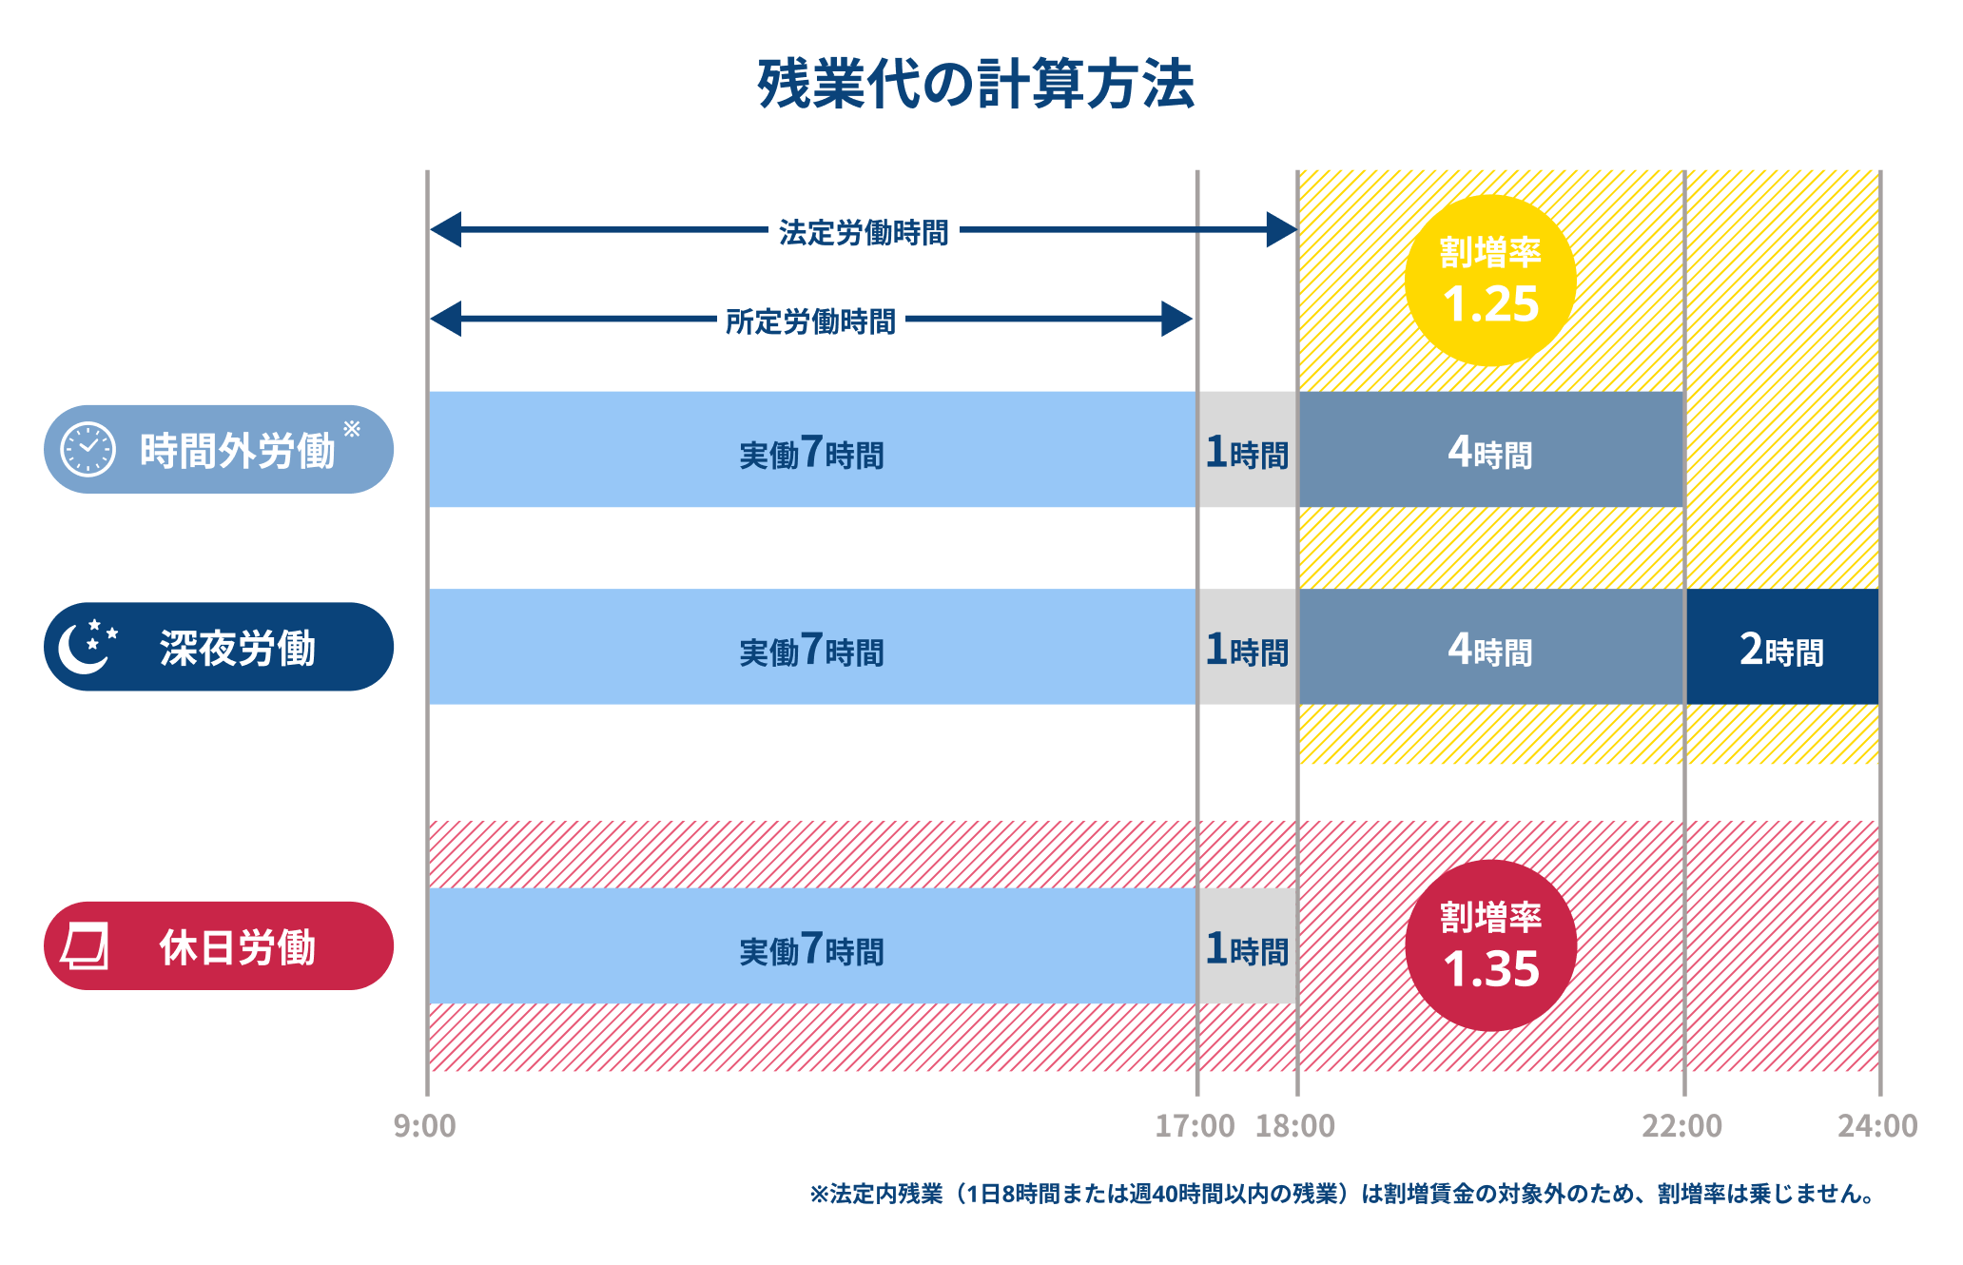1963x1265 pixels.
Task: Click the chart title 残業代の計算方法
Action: (x=976, y=84)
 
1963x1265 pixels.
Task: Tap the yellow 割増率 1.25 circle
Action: (x=1490, y=281)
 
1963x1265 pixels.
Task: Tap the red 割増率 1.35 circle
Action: (x=1490, y=945)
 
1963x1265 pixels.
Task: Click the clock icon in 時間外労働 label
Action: (x=87, y=450)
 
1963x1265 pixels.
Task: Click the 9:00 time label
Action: (x=425, y=1126)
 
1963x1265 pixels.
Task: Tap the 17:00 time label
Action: (x=1195, y=1126)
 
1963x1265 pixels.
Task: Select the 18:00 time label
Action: (x=1295, y=1126)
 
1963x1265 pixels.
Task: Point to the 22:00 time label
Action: (x=1681, y=1126)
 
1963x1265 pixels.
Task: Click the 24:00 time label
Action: (x=1877, y=1126)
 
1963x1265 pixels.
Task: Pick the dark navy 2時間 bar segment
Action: (x=1782, y=648)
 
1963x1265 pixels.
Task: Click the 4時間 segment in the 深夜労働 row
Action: (x=1490, y=648)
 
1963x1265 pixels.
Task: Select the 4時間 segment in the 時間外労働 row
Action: (x=1490, y=450)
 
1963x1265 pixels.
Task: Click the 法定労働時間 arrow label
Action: (x=864, y=232)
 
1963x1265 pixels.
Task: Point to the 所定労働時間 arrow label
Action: (x=810, y=321)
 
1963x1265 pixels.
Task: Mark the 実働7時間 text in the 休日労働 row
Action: (x=811, y=948)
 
